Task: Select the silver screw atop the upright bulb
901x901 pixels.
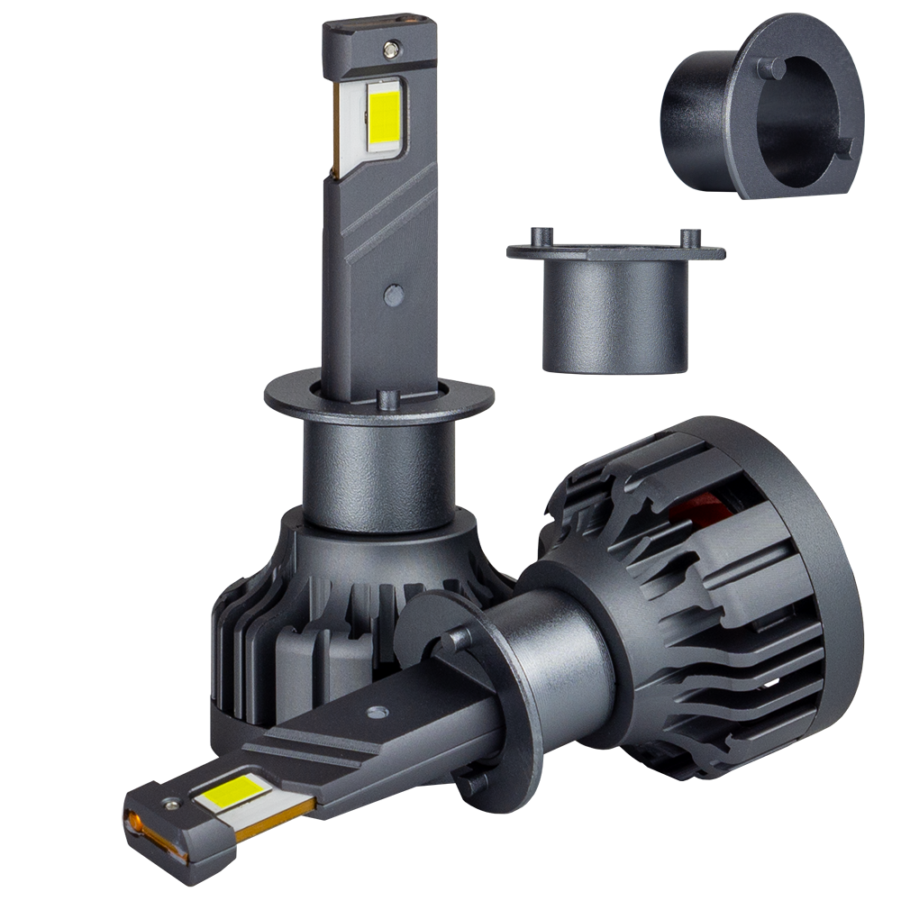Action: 389,47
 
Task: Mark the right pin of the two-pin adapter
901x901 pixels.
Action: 691,239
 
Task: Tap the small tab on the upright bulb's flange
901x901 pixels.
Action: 388,399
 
